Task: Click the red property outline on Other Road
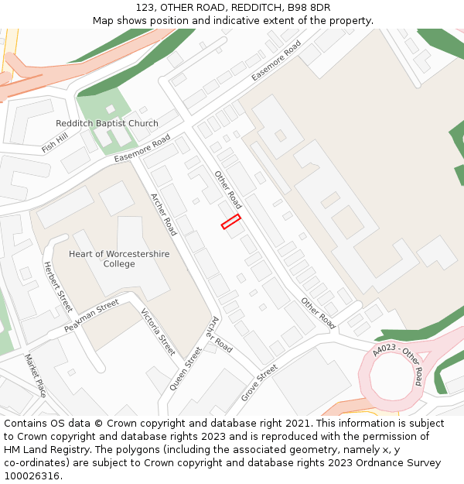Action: pos(230,221)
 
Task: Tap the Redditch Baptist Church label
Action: pos(107,124)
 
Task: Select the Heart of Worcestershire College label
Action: pos(119,259)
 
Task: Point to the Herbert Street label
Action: pos(57,287)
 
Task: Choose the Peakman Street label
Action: pos(91,316)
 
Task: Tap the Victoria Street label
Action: pos(159,332)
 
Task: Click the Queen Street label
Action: pos(186,366)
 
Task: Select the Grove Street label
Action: pos(259,383)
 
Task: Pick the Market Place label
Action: pos(36,376)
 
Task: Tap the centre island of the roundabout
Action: pos(394,379)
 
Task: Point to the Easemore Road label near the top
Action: pos(276,60)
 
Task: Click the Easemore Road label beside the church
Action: pos(142,149)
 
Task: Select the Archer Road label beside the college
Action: pos(163,215)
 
